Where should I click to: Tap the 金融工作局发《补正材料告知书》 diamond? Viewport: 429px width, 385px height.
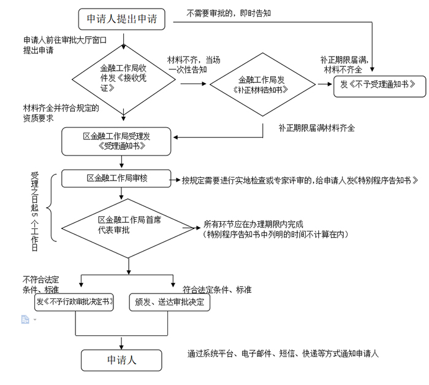[x=262, y=85]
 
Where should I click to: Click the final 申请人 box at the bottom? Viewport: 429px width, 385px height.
[x=122, y=360]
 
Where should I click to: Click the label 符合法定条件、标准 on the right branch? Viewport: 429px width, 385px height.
[x=217, y=290]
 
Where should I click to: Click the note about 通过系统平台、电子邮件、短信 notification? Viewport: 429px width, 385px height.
[x=283, y=354]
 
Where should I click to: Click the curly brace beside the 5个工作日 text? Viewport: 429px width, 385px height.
[x=51, y=209]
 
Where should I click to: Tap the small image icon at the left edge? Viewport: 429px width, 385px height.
[x=25, y=319]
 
